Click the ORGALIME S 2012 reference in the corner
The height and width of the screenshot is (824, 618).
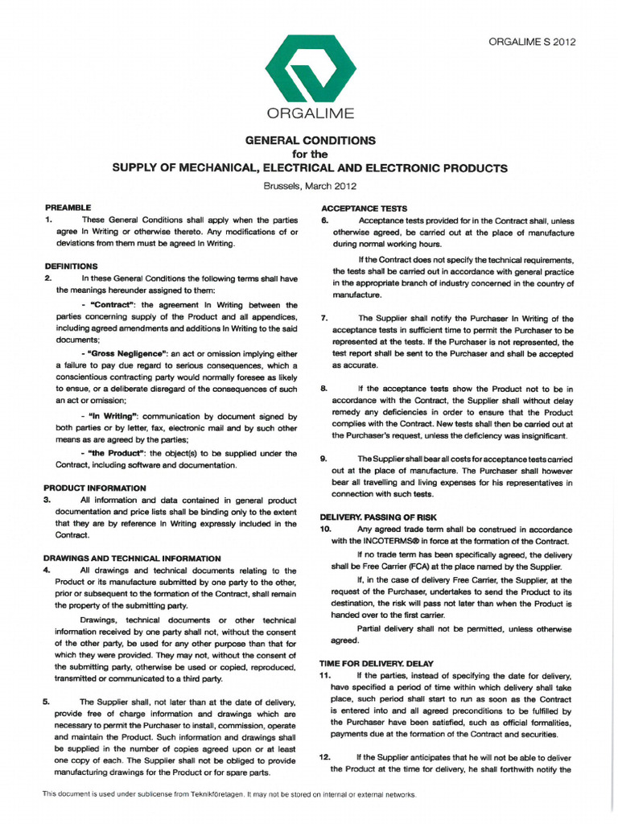532,43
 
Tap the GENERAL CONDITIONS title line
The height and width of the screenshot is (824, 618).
310,140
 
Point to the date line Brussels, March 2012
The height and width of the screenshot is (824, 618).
310,186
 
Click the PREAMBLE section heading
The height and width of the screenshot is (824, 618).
68,208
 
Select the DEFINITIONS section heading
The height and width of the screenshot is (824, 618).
72,266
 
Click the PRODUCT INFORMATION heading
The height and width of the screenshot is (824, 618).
94,488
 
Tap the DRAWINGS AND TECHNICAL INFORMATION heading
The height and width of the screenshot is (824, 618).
131,558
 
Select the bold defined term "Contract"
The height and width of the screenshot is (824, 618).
116,306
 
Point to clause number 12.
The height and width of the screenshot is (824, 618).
325,757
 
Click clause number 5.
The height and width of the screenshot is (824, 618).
47,702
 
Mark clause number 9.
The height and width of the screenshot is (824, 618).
323,459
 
